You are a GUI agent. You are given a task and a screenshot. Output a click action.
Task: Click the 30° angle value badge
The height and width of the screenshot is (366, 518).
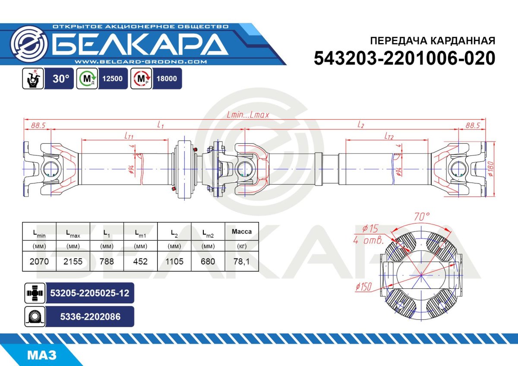[x=61, y=79]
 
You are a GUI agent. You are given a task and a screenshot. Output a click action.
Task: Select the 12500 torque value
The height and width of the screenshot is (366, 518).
[x=113, y=79]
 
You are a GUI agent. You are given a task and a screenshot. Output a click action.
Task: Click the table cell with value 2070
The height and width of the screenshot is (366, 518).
[x=39, y=262]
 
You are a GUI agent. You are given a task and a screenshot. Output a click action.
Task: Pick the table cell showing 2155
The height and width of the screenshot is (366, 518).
[x=73, y=262]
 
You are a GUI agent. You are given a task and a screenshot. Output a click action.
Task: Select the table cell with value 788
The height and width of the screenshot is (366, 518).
[x=107, y=262]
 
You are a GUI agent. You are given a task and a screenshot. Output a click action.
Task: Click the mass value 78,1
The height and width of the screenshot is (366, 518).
[x=242, y=262]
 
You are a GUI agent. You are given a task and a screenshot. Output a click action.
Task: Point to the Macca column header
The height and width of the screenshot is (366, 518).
[x=242, y=232]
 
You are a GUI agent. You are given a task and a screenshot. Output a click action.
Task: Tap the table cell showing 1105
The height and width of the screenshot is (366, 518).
[x=174, y=262]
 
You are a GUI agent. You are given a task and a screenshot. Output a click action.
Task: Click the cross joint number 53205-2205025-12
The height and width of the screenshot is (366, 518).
[x=89, y=293]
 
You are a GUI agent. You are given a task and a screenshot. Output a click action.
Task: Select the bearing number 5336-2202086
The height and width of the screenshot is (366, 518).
[x=89, y=317]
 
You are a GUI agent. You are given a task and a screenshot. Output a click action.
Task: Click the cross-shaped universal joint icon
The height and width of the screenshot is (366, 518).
[x=34, y=293]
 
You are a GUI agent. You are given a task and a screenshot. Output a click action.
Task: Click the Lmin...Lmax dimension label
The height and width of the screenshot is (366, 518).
[x=248, y=115]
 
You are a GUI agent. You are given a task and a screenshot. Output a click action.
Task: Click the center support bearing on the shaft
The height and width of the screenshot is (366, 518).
[x=185, y=169]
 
